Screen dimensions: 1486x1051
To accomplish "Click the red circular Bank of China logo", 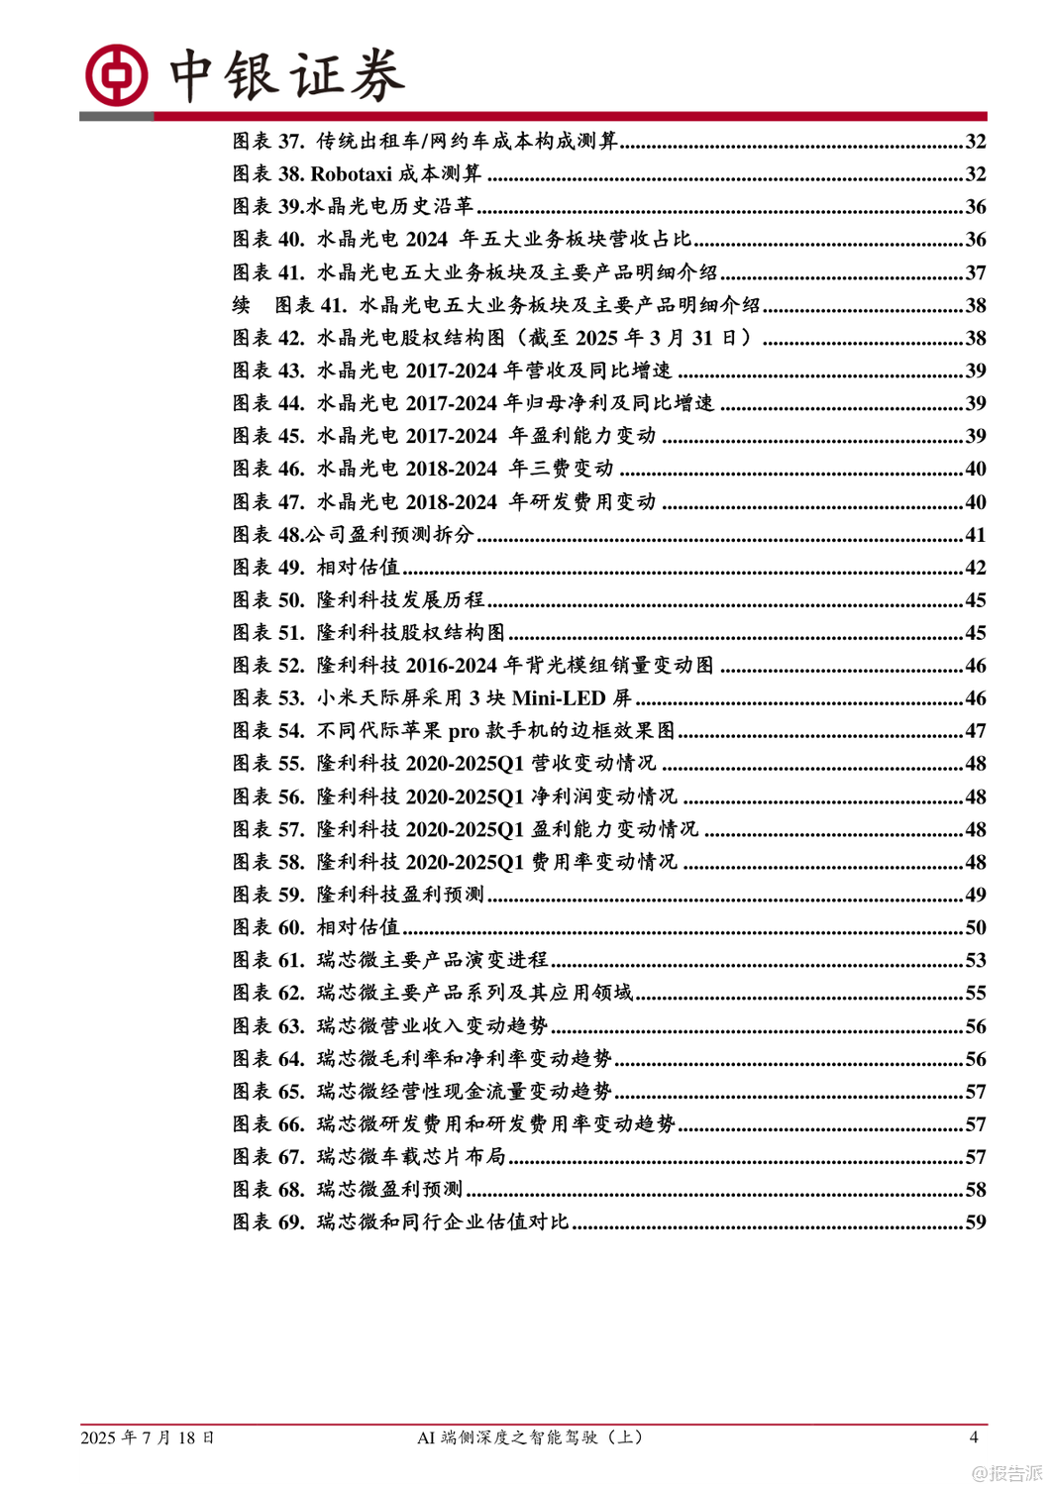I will coord(116,75).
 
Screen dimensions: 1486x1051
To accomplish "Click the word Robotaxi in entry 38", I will coord(352,174).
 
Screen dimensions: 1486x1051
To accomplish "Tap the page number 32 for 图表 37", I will coord(975,142).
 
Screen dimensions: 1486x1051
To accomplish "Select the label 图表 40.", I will coord(268,240).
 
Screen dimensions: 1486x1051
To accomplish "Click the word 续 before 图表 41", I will coord(242,305).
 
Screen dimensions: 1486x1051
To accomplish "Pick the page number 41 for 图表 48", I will coord(975,535).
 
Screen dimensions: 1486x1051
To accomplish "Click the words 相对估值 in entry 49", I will coord(358,568).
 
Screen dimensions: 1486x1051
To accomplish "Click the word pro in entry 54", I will coord(464,731).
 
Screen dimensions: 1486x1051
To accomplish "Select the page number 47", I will coord(975,731).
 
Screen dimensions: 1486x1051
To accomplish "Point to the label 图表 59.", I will coord(268,896).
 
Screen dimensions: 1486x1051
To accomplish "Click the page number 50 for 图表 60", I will coord(975,928).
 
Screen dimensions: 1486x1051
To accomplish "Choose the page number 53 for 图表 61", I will coord(975,961).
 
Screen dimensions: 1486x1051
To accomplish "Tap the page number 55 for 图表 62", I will coord(975,994).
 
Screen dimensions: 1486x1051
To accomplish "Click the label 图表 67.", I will coord(268,1157).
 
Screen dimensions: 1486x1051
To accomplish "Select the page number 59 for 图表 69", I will coord(975,1222).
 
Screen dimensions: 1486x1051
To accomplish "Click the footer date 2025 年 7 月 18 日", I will coord(148,1437).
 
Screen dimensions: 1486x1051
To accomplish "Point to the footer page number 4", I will coord(973,1437).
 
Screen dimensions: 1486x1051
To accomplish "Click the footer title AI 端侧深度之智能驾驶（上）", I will coord(530,1437).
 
